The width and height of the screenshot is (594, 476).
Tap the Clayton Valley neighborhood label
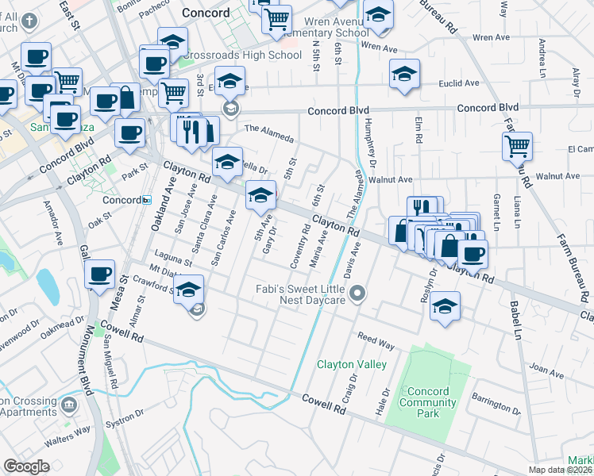(x=352, y=364)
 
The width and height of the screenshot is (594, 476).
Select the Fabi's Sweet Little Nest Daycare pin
(x=357, y=294)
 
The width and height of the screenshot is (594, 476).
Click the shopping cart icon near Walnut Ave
(x=517, y=145)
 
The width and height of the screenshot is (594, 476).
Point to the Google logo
(x=26, y=466)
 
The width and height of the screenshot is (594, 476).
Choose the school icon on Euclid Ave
(x=404, y=74)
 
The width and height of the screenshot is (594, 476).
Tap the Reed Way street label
(x=376, y=340)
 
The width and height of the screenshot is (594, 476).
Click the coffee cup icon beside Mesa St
(x=100, y=274)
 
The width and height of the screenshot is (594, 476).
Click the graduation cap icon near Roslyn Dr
(x=445, y=305)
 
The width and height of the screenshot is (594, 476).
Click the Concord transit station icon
(x=147, y=200)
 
